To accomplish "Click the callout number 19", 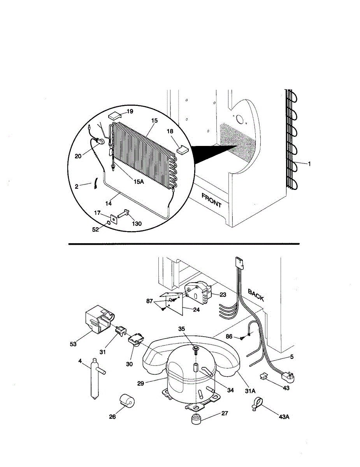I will (130, 111).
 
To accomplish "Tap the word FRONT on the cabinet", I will (211, 200).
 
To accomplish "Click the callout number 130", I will (136, 223).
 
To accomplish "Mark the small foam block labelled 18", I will (183, 149).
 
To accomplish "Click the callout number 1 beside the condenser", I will (309, 164).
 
